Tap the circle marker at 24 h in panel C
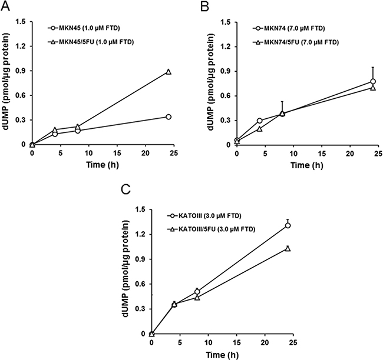click(288, 225)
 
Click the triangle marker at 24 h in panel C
click(288, 248)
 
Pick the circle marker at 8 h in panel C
click(197, 291)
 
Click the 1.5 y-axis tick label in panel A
click(20, 23)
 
